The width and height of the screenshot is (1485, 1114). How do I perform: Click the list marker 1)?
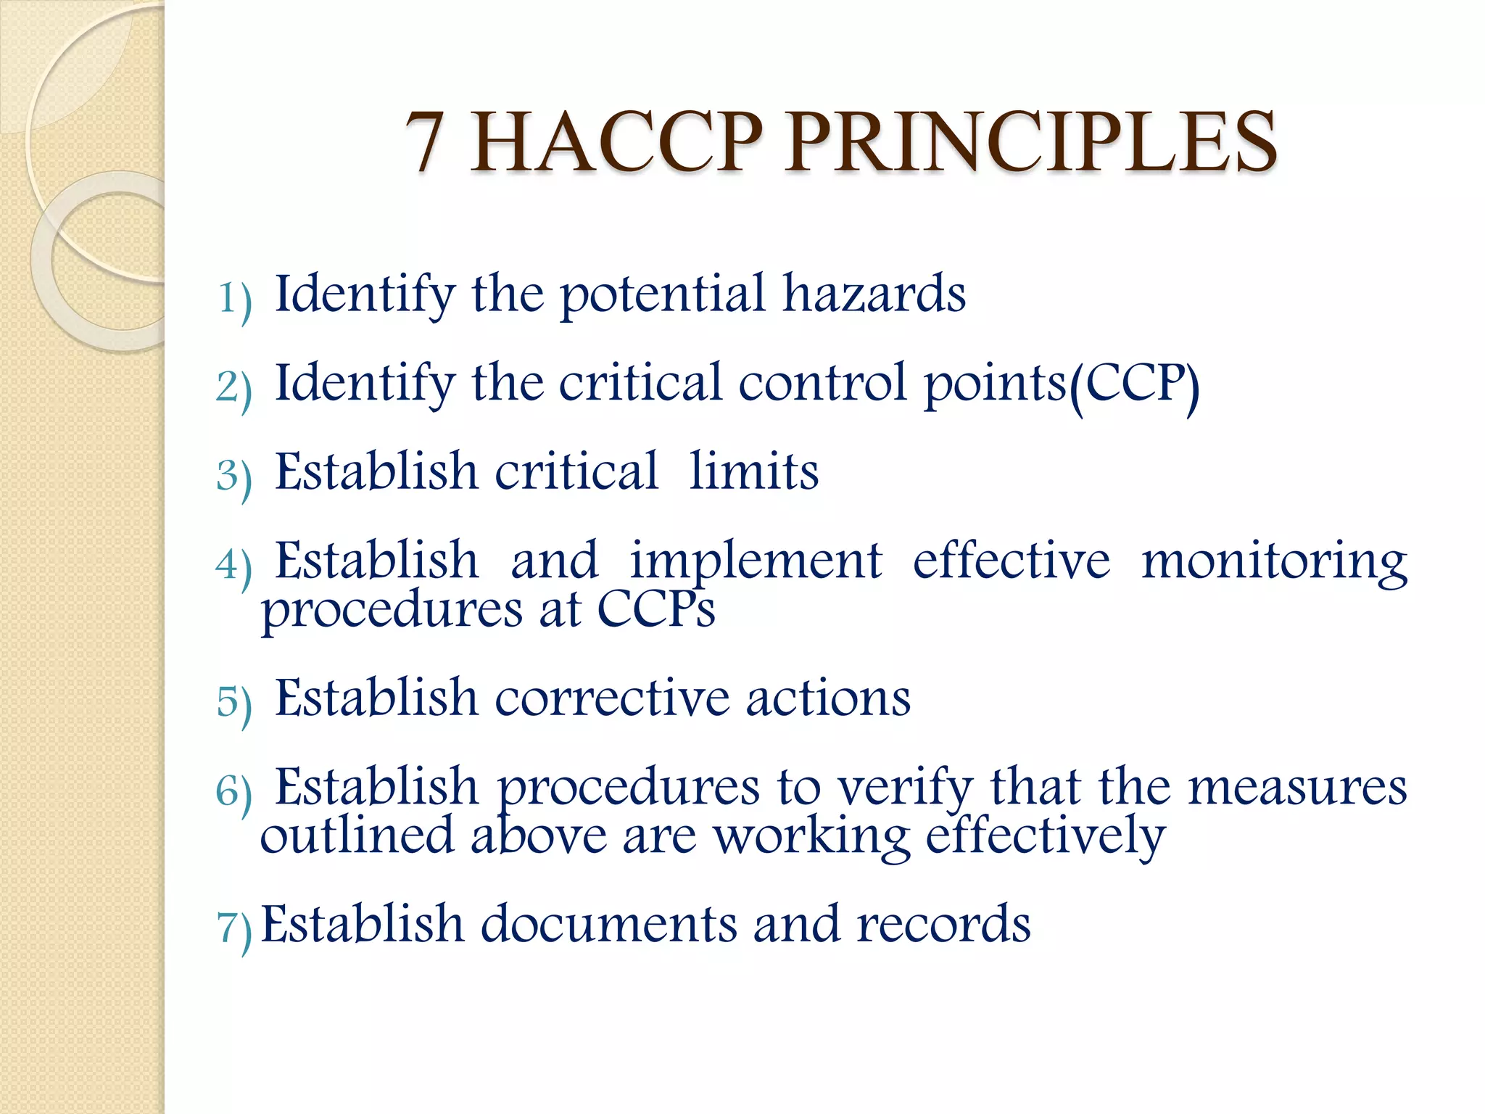tap(234, 298)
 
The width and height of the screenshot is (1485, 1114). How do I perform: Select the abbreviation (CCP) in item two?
tap(1135, 384)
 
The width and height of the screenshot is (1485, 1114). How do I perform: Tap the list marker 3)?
tap(234, 476)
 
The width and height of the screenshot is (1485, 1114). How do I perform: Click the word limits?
tap(753, 472)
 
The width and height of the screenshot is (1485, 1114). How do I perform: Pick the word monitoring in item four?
tap(1274, 563)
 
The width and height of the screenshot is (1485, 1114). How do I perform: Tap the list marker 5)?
tap(234, 702)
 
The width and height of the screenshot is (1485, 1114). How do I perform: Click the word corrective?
tap(612, 698)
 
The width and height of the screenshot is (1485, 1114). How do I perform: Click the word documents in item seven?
tap(608, 925)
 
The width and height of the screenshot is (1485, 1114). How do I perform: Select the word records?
tap(943, 925)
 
